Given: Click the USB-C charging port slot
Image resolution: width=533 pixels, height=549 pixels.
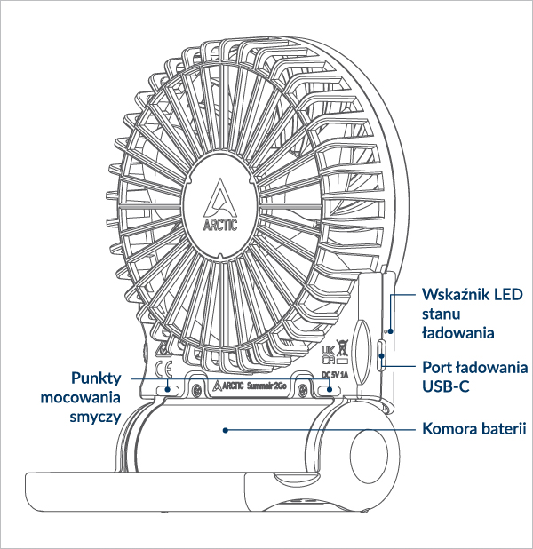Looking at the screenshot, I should tap(380, 354).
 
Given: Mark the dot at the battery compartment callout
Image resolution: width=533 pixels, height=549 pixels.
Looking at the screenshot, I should tap(227, 429).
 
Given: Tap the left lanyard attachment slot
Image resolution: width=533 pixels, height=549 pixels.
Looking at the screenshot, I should tap(167, 390).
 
